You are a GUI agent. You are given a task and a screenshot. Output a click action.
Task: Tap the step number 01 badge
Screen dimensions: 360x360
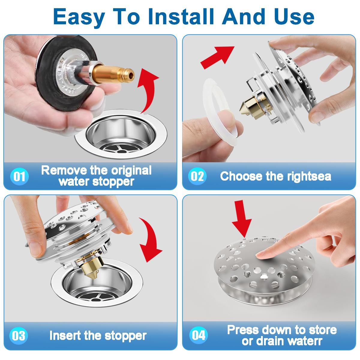coord(20,176)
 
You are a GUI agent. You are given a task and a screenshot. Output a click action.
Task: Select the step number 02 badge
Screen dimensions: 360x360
coord(197,176)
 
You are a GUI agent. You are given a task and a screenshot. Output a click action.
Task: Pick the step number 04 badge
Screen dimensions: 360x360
coord(198,335)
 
